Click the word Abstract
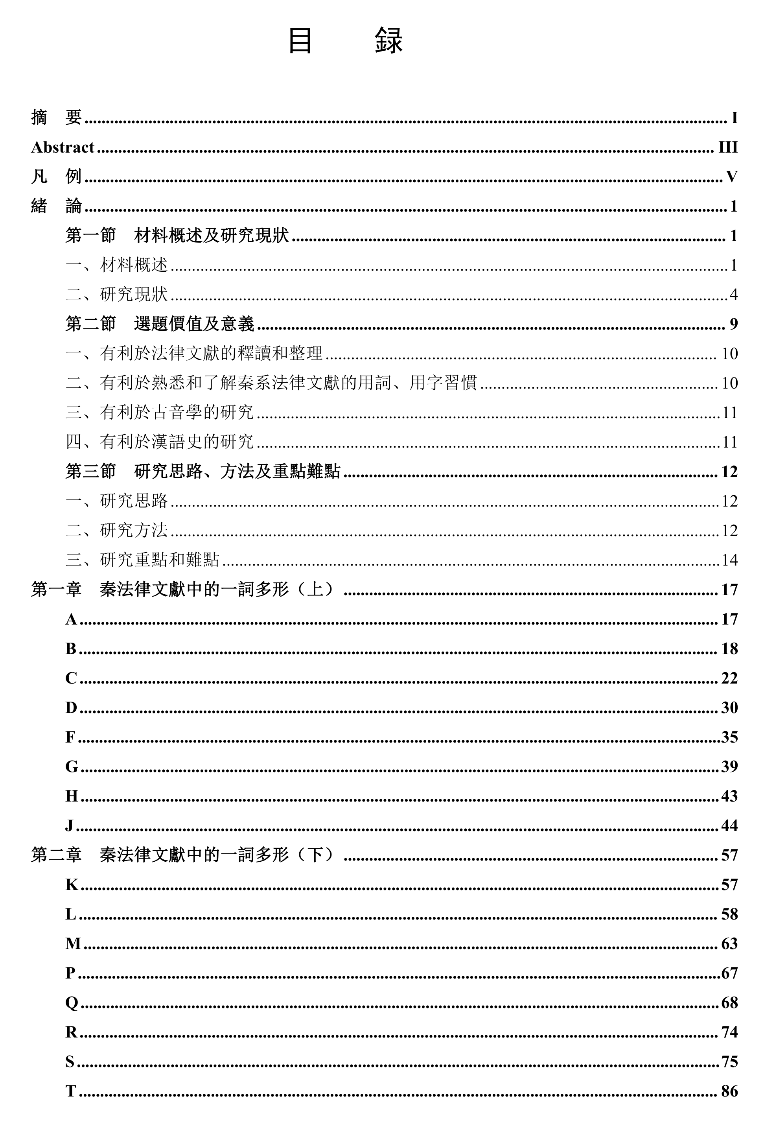pos(63,147)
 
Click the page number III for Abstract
pos(727,147)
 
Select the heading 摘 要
pos(56,118)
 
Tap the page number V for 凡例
pos(731,177)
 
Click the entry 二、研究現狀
pos(116,294)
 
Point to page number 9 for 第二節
pos(733,324)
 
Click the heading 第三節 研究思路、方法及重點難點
pos(202,472)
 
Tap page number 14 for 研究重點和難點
pos(729,560)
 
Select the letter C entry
pos(72,678)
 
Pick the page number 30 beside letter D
pos(729,708)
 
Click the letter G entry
pos(72,766)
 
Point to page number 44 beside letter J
pos(729,826)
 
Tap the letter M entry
pos(73,944)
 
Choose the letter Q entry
pos(72,1002)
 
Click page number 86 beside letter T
pos(729,1091)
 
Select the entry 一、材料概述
pos(116,265)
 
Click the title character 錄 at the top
pos(388,41)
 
